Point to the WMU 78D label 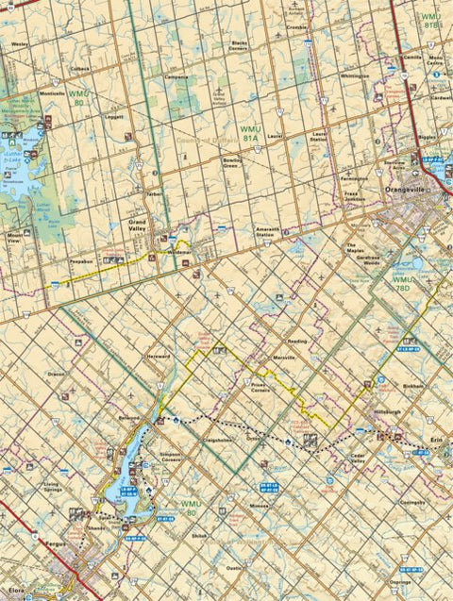coord(404,284)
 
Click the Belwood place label coord(128,415)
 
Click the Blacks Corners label coord(238,44)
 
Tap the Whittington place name coord(355,75)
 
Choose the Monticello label coord(53,93)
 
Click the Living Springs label coord(58,488)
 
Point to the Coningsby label coord(412,503)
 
